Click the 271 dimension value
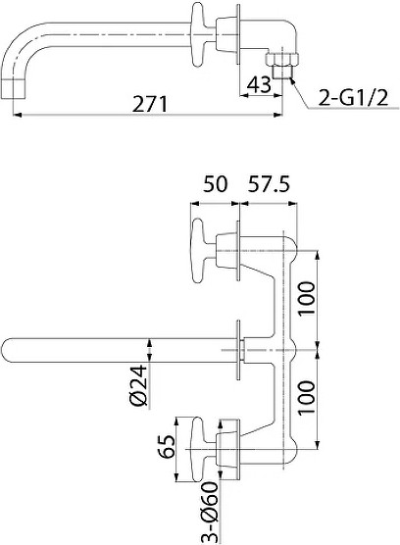[x=149, y=104]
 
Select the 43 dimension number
[x=259, y=84]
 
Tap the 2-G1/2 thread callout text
[x=353, y=97]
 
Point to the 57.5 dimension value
[x=269, y=184]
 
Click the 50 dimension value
[x=215, y=184]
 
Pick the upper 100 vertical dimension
[x=307, y=298]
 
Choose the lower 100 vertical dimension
[x=307, y=397]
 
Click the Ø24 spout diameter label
[x=139, y=385]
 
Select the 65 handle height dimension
[x=166, y=447]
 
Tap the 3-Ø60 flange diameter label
[x=209, y=512]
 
